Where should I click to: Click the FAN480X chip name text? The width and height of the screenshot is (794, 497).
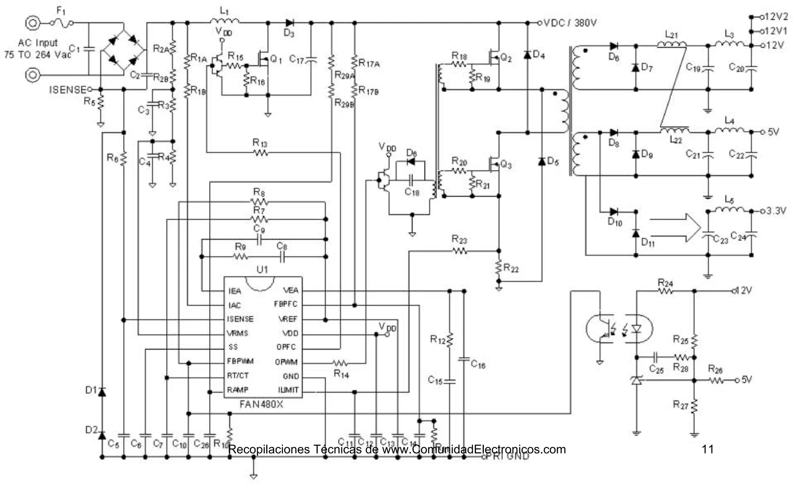click(x=261, y=404)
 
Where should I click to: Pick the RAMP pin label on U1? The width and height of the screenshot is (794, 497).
click(x=237, y=390)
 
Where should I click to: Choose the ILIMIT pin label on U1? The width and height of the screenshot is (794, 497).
click(x=288, y=390)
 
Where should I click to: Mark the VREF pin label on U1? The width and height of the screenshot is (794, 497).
click(x=288, y=319)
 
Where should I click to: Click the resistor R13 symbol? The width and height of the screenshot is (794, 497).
click(x=261, y=153)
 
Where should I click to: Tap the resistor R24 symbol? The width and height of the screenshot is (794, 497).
click(x=665, y=291)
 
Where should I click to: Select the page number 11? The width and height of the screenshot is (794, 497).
click(x=708, y=449)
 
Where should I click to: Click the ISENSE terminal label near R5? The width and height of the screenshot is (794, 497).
click(x=67, y=90)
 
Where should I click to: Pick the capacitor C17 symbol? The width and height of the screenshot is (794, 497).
click(x=311, y=60)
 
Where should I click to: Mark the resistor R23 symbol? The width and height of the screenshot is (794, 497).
click(x=459, y=251)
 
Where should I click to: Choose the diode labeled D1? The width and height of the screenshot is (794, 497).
click(x=102, y=392)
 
